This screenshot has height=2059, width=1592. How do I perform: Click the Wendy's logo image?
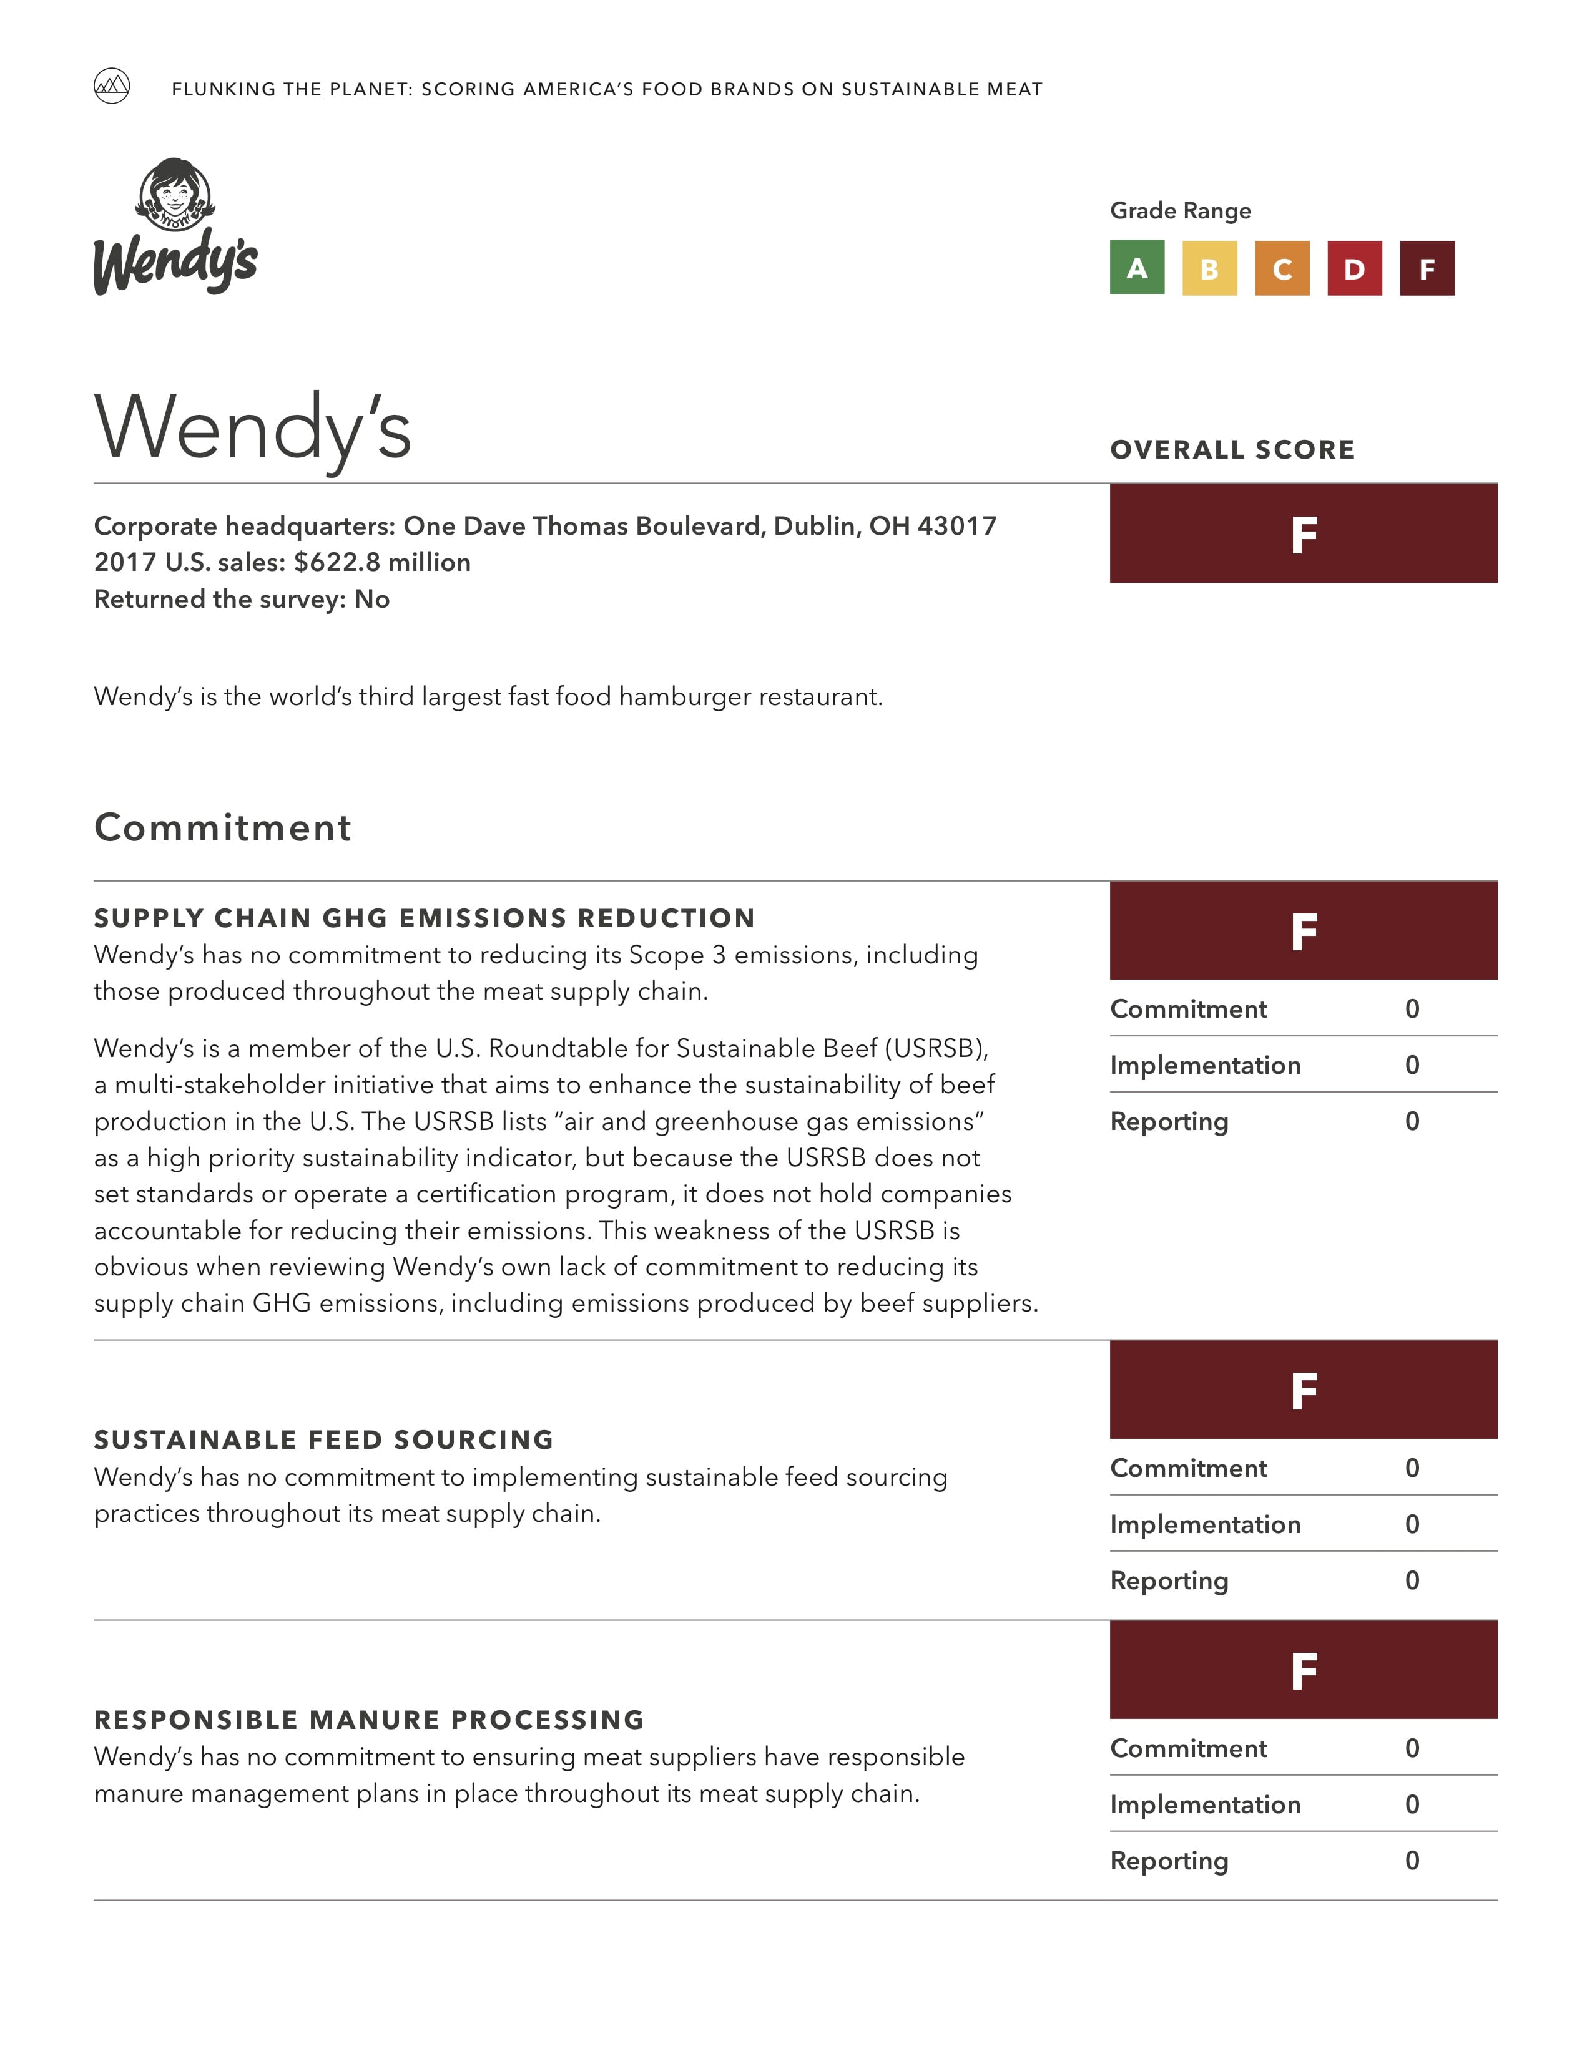pos(175,226)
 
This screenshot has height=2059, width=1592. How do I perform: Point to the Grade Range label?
pos(1180,210)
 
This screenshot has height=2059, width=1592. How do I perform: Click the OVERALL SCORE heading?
pos(1232,450)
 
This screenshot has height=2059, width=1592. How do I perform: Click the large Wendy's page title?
pos(253,429)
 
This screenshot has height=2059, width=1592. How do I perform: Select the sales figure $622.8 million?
pos(382,562)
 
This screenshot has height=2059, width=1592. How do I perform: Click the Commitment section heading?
pos(223,828)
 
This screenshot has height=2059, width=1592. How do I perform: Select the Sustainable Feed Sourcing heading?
pos(323,1439)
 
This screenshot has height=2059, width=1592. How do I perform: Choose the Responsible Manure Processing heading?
pos(369,1720)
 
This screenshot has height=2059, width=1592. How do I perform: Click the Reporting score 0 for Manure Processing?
pos(1412,1860)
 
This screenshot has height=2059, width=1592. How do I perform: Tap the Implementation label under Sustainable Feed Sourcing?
pos(1206,1524)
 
